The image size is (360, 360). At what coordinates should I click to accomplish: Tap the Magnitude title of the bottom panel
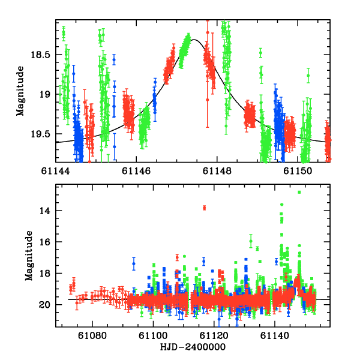(x=28, y=257)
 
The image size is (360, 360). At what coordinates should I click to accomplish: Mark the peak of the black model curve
(x=193, y=40)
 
